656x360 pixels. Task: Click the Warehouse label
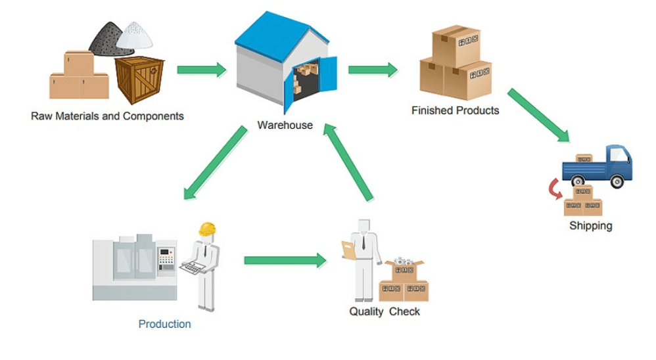click(285, 125)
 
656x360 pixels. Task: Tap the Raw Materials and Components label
click(107, 116)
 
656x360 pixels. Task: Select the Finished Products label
click(455, 110)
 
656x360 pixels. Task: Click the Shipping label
click(590, 226)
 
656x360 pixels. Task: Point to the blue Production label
click(164, 324)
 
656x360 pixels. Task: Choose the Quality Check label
click(385, 311)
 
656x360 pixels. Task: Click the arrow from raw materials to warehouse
click(201, 70)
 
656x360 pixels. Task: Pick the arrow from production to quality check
click(285, 261)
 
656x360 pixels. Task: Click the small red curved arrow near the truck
click(554, 191)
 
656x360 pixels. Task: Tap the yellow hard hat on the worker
click(208, 229)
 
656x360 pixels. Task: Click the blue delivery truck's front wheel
click(617, 181)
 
